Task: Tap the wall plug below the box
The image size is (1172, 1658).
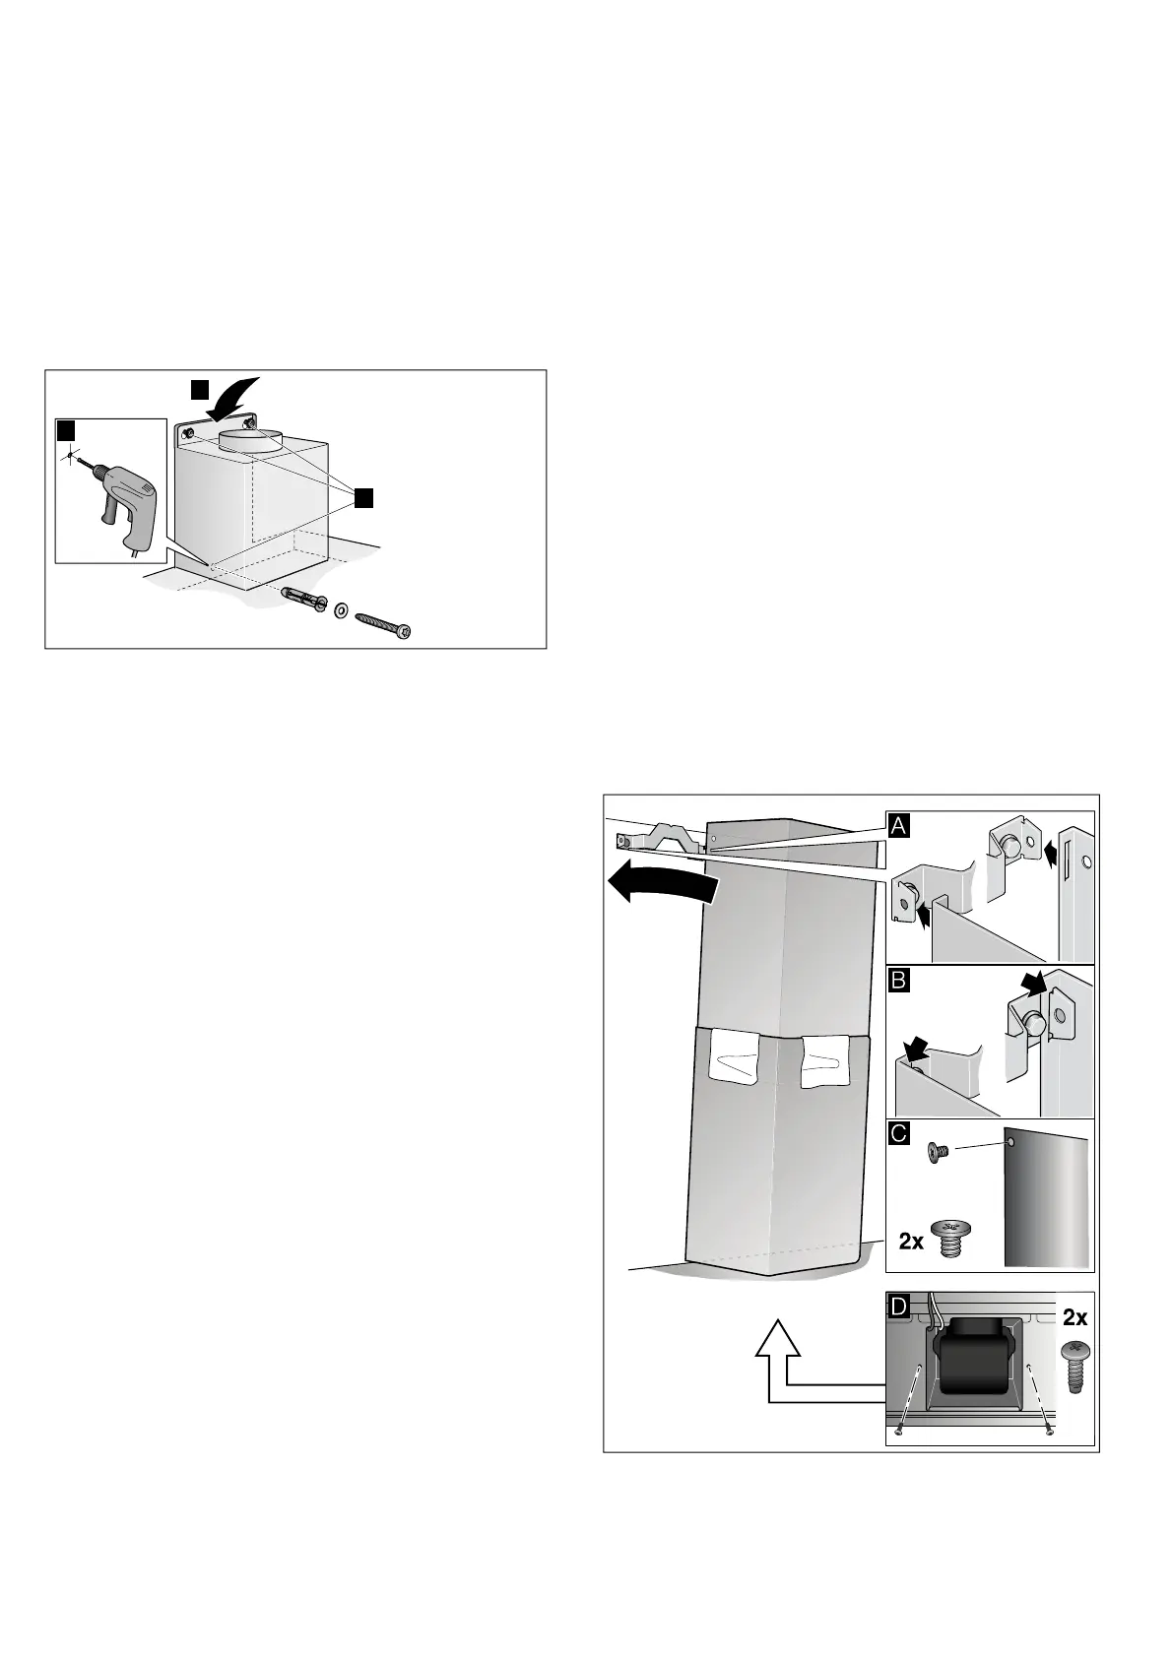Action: [x=304, y=597]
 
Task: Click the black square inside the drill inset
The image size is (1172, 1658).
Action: [x=66, y=431]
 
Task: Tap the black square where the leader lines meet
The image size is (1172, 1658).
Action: [x=362, y=498]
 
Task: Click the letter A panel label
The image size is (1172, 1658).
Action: [x=898, y=825]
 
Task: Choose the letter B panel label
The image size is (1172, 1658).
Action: [x=898, y=980]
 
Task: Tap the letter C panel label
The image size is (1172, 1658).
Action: [x=898, y=1133]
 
